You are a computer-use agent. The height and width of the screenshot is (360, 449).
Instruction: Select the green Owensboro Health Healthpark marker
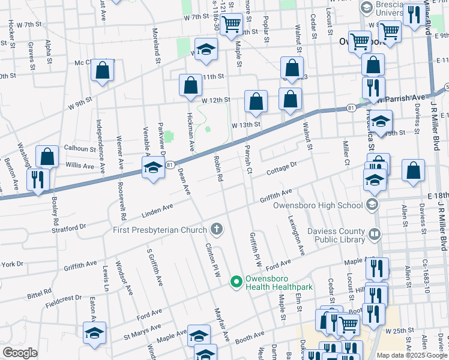point(237,281)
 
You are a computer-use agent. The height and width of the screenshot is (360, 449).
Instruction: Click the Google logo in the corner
point(20,353)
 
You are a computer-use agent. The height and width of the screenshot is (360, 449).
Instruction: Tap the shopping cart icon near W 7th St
point(231,25)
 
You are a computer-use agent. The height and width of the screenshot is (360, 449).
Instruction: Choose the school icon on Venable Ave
point(153,168)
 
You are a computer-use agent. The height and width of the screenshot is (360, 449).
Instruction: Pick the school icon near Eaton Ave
point(94,333)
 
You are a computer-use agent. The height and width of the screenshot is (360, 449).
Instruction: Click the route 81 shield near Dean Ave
point(170,164)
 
